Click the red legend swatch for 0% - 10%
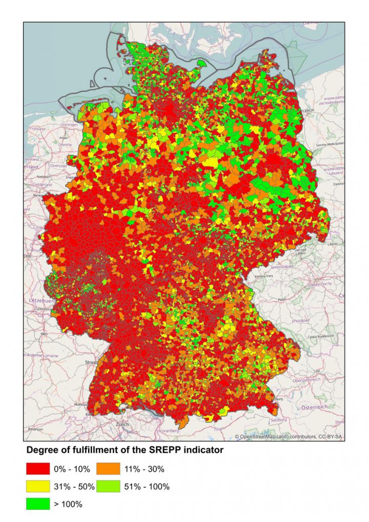(38, 469)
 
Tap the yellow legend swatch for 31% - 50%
(38, 486)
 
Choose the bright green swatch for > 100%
(38, 504)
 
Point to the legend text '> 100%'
(68, 505)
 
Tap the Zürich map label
(122, 425)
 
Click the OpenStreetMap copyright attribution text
(290, 436)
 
